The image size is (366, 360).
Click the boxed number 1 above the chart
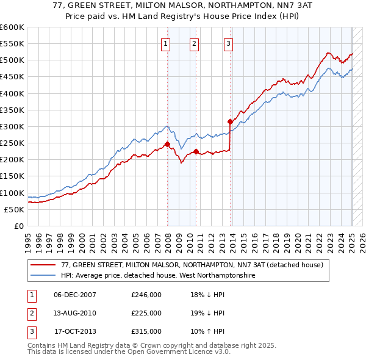(x=166, y=43)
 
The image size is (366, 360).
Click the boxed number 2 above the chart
(x=194, y=43)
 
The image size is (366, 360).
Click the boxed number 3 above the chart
(x=228, y=43)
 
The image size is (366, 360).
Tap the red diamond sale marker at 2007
(x=167, y=145)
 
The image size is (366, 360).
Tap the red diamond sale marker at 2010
(x=196, y=151)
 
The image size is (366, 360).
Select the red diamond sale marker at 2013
(x=230, y=121)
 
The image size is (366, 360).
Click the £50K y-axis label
(x=15, y=209)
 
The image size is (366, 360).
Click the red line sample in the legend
(x=43, y=265)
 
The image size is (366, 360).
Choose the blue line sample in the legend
(x=43, y=275)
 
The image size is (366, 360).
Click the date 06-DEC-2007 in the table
(x=75, y=295)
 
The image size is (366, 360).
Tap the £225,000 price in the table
(x=146, y=313)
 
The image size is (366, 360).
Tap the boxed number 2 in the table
(x=30, y=313)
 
